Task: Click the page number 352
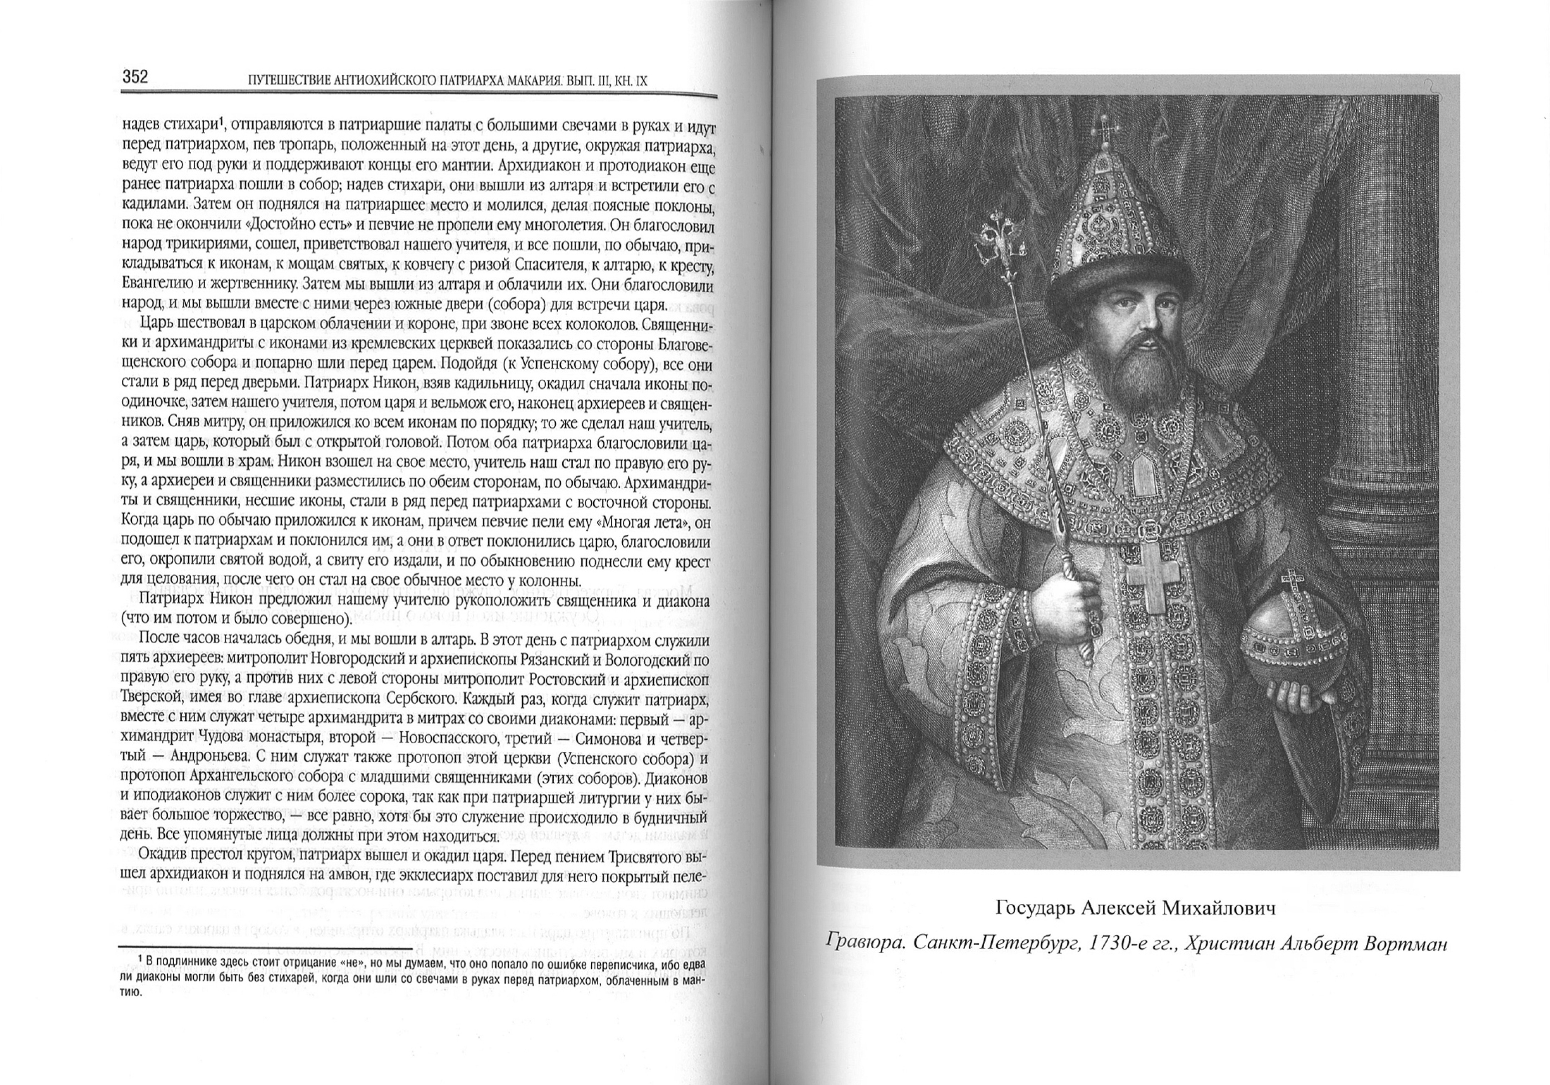(x=135, y=77)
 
